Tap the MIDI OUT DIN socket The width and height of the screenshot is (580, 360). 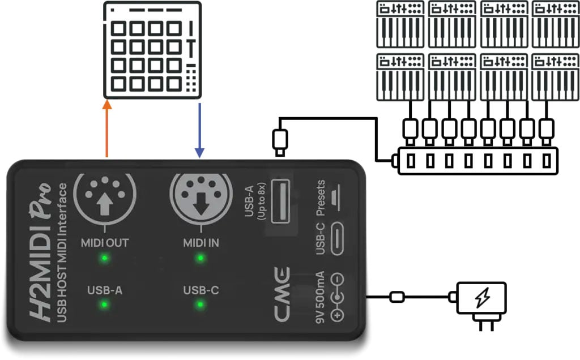point(106,200)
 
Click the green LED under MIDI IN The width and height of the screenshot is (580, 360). point(199,259)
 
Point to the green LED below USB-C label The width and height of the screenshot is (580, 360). point(199,305)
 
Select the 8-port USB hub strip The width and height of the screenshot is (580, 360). point(475,161)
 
